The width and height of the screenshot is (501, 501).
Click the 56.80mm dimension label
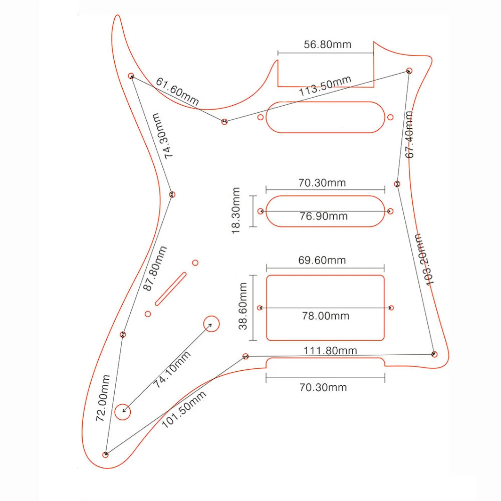(328, 44)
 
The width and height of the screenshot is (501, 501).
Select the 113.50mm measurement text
(325, 86)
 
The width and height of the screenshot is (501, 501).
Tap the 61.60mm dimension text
(177, 92)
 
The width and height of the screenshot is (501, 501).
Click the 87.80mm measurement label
(154, 268)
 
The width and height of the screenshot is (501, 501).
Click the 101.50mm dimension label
(184, 409)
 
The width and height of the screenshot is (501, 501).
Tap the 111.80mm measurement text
(331, 350)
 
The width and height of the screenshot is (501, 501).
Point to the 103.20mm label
(424, 259)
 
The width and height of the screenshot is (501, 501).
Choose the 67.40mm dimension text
(409, 134)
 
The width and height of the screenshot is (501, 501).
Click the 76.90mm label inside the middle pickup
(324, 216)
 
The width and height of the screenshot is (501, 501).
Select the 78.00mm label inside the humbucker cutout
(326, 316)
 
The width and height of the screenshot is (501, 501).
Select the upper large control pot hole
(211, 324)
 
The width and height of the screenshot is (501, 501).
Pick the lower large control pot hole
(123, 412)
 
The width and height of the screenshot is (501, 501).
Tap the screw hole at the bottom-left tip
(106, 454)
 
